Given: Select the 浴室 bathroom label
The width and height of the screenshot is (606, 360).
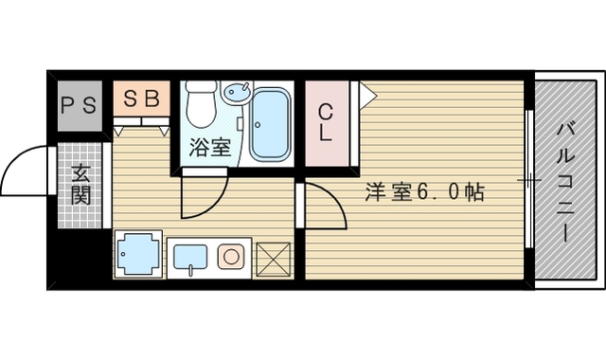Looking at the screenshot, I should point(209,147).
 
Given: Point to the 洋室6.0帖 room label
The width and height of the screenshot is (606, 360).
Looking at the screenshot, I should point(426,192).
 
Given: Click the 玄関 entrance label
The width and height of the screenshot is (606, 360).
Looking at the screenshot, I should point(80,186).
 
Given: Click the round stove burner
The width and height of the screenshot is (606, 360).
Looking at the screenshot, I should point(230,257).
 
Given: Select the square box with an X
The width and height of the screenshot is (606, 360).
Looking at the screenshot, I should point(275,259).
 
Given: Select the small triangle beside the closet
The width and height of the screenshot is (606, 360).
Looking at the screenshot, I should point(366,95).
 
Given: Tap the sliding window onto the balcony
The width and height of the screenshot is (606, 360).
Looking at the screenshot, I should point(529,180).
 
